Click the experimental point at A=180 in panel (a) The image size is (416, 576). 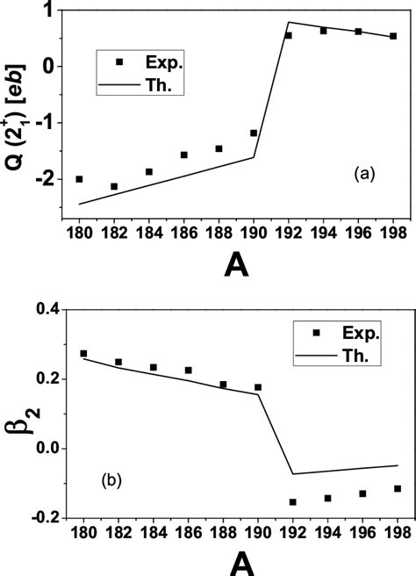[79, 179]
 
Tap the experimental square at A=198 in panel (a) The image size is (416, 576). [393, 36]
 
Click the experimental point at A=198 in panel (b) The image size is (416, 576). [397, 488]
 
